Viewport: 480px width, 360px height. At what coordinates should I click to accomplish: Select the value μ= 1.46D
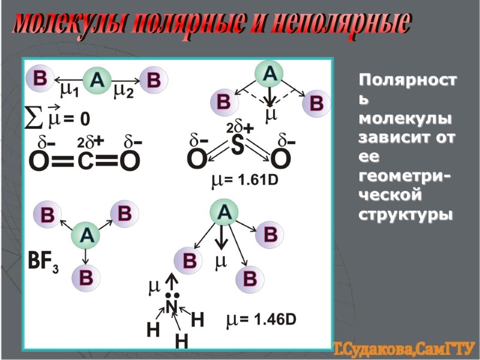[261, 320]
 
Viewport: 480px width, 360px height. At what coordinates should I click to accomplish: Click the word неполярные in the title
[341, 24]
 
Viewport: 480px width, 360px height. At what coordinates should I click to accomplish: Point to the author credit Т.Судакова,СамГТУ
[404, 348]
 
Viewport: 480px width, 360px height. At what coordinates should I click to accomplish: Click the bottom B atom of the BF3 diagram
[86, 278]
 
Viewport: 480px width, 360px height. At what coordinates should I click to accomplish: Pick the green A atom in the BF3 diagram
[86, 236]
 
